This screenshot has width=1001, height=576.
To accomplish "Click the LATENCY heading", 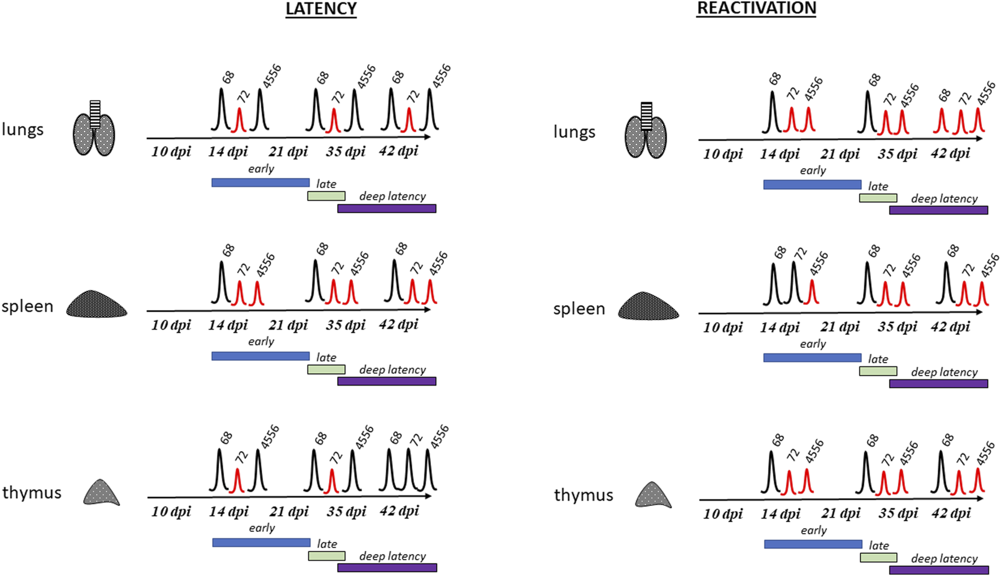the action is click(321, 8).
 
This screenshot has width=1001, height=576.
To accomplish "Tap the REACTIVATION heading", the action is click(756, 8).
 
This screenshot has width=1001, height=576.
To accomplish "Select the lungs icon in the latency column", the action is click(94, 129).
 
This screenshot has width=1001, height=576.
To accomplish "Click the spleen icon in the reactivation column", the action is click(649, 306).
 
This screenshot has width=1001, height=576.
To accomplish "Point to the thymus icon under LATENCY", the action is click(102, 492).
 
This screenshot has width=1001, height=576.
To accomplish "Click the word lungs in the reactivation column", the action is click(574, 132).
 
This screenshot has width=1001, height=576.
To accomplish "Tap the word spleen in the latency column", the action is click(27, 307).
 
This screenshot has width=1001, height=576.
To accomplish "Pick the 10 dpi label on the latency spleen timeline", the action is click(171, 325).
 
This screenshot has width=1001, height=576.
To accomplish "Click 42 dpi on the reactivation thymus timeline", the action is click(951, 513).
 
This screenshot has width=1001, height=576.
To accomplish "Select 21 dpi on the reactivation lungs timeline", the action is click(841, 154).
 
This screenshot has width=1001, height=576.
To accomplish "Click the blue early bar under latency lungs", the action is click(260, 182).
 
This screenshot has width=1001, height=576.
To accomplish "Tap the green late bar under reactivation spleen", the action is click(878, 371).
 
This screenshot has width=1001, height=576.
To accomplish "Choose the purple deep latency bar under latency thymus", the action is click(387, 568).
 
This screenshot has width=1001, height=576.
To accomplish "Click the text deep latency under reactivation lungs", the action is click(944, 199).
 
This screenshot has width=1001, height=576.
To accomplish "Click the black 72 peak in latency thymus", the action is click(408, 470).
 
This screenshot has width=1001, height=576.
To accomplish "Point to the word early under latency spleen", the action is click(261, 342).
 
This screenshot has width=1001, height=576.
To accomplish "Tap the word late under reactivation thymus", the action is click(879, 546).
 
